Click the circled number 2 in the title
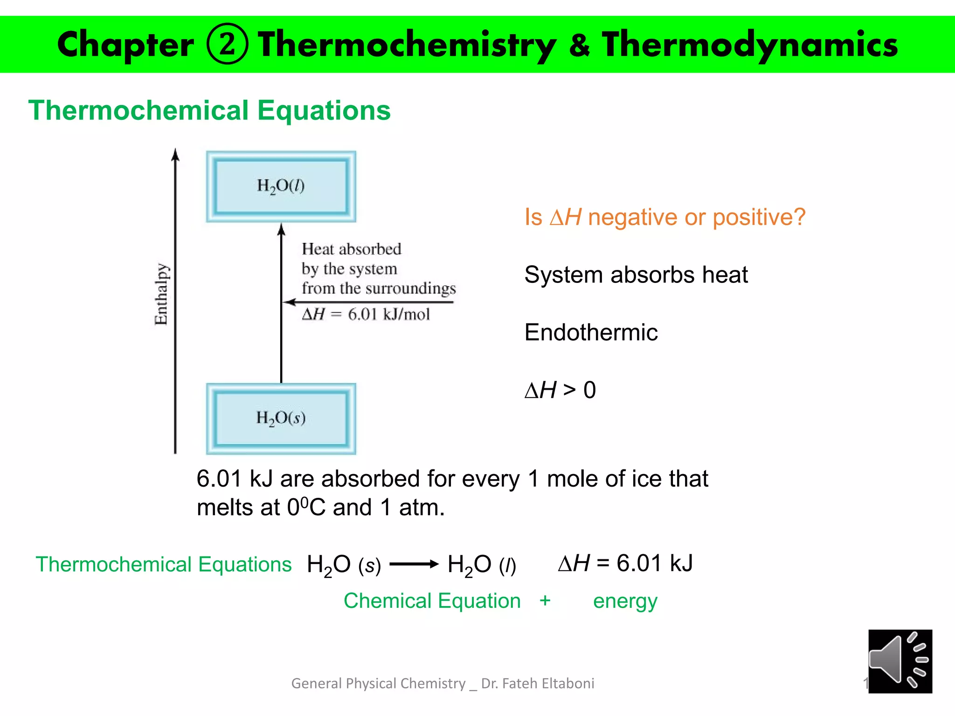pos(227,44)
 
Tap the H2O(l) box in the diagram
pos(281,186)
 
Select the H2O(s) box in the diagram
pos(281,418)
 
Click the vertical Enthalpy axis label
pos(161,294)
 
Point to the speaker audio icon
pos(900,661)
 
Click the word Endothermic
pos(591,332)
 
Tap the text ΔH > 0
pos(560,390)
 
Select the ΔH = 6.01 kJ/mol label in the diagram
pos(366,315)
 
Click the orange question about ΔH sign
pos(665,217)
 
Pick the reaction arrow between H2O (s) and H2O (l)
pos(414,565)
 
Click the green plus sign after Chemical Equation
pos(545,600)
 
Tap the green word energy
pos(625,601)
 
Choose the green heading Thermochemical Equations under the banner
pos(209,110)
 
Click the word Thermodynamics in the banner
pos(749,45)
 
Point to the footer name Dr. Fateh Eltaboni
pos(538,683)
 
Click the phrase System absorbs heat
pos(636,275)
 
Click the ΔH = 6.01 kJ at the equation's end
pos(625,564)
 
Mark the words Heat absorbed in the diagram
pos(351,249)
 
